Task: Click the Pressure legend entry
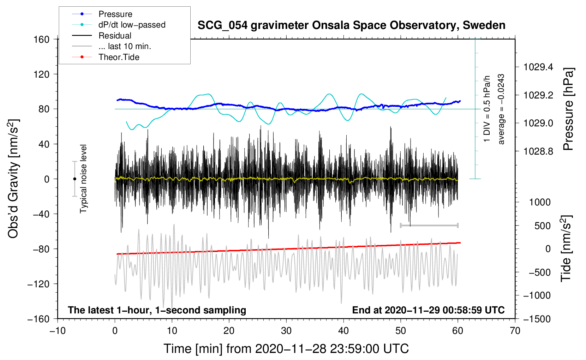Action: pos(115,14)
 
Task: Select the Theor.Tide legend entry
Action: pos(119,57)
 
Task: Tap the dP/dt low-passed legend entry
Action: pos(132,25)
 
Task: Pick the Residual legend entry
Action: pos(115,36)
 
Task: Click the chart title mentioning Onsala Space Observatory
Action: pos(351,25)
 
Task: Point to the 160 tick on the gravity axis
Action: pos(42,40)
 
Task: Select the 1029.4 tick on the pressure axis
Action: pos(538,67)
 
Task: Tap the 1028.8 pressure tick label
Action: pos(538,151)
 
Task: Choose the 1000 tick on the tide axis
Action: pos(540,202)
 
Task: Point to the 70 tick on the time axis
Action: pos(515,331)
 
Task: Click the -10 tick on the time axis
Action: pos(58,331)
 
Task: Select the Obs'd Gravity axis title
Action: pos(13,179)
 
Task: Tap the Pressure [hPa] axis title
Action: pos(568,109)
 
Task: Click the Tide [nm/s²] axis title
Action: pos(566,248)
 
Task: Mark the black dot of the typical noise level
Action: pos(74,179)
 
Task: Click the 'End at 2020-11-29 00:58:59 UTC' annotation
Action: pos(428,310)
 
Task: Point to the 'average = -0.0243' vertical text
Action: pos(501,109)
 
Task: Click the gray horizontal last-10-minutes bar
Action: pos(429,225)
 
